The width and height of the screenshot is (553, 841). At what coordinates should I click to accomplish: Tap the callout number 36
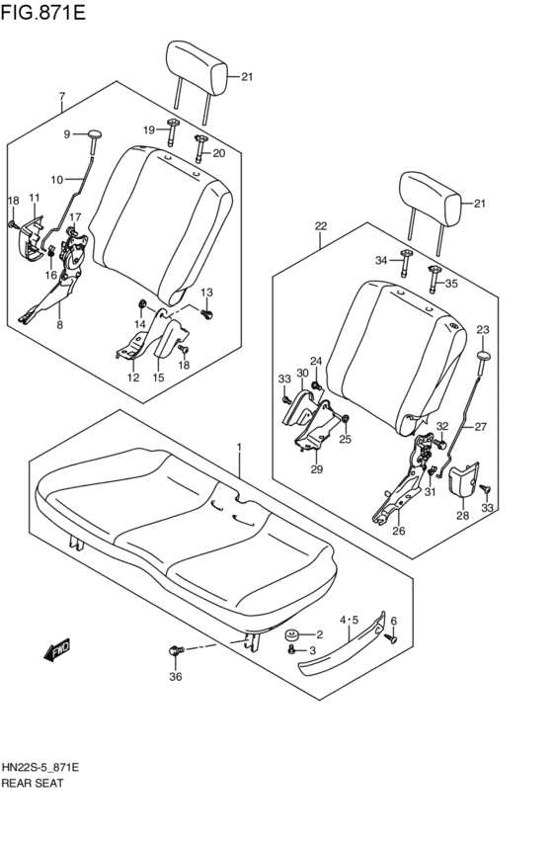176,677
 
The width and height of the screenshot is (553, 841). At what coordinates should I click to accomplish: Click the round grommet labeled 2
293,634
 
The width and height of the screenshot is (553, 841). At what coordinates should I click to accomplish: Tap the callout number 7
61,97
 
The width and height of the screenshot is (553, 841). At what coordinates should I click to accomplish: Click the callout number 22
321,226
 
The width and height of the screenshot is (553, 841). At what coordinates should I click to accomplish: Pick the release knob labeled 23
483,356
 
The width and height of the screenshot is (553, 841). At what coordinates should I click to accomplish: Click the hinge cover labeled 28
462,484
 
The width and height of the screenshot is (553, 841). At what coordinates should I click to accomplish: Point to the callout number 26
399,531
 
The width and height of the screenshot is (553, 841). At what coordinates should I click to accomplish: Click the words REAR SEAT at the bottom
33,782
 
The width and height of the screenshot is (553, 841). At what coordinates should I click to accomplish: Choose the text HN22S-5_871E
40,767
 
